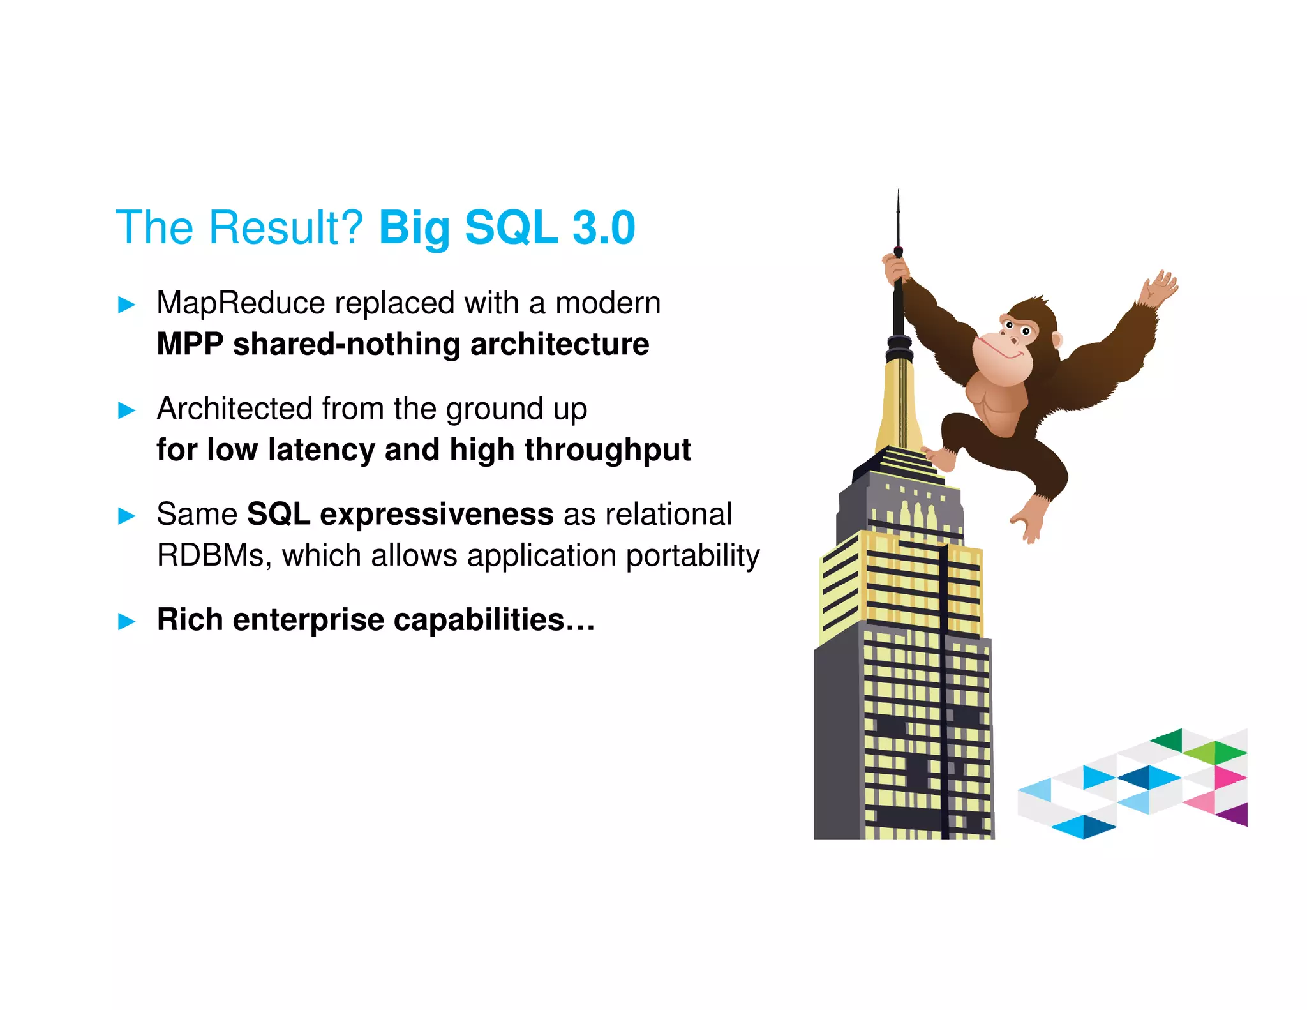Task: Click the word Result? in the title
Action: (x=286, y=227)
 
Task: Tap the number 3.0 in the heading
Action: (x=603, y=227)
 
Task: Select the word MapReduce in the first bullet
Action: (x=241, y=303)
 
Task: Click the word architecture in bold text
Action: (x=559, y=344)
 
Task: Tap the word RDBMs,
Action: (x=214, y=555)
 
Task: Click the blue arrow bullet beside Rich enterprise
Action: (x=127, y=621)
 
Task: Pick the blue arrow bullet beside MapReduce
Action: (x=127, y=305)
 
